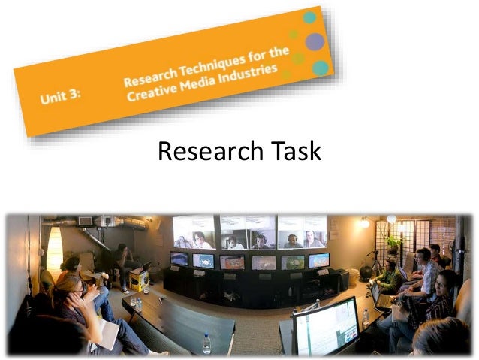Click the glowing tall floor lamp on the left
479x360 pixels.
54,247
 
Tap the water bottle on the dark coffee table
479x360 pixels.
206,343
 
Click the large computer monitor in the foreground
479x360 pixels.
326,325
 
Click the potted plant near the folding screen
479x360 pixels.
393,244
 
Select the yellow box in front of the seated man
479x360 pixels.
137,280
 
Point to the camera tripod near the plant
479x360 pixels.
372,264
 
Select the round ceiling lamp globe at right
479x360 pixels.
391,219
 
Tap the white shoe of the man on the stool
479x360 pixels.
125,289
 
